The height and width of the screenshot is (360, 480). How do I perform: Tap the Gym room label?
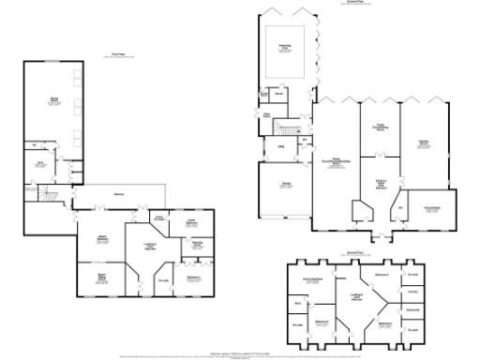click(x=40, y=163)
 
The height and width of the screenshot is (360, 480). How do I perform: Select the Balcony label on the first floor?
click(x=119, y=193)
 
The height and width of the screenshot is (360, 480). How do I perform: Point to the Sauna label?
click(x=278, y=93)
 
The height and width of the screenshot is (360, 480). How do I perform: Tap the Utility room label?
click(x=280, y=146)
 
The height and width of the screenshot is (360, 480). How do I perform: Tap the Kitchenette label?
click(x=412, y=308)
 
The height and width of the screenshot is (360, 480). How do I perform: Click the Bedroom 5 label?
click(x=383, y=323)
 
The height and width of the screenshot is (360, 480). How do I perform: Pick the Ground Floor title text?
click(x=355, y=3)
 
